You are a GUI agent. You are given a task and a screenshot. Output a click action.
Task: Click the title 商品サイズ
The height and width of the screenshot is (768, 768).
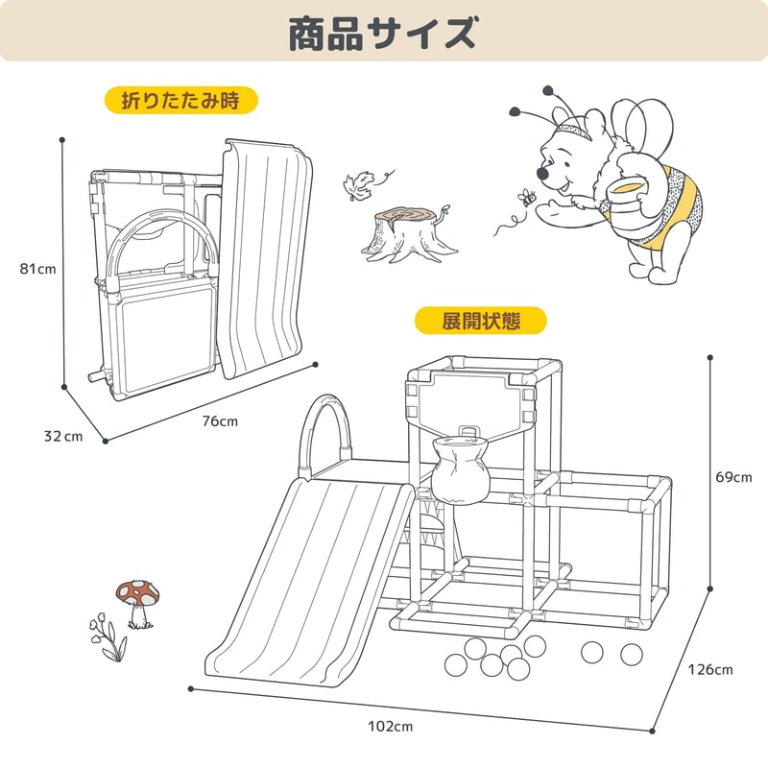382,33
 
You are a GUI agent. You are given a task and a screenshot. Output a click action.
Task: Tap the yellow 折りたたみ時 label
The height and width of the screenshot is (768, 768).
181,101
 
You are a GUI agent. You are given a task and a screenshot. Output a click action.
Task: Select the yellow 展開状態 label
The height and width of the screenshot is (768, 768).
481,321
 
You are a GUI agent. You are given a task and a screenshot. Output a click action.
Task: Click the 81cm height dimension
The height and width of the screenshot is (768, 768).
37,269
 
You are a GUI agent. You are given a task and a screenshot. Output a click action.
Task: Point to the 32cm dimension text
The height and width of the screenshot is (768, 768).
63,436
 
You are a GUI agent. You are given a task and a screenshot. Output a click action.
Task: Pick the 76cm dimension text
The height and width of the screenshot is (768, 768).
220,421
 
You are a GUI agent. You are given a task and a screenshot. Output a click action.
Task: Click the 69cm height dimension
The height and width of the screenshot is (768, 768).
733,477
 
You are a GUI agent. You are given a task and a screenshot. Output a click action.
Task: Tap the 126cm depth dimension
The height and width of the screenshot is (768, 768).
710,669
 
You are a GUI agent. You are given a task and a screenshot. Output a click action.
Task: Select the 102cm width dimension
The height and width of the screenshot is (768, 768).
391,726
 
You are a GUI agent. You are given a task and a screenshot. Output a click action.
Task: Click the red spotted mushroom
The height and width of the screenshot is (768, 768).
138,604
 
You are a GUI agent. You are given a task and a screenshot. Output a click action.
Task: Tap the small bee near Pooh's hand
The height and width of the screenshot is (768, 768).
527,198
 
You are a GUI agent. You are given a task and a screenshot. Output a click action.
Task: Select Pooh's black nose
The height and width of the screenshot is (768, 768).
542,173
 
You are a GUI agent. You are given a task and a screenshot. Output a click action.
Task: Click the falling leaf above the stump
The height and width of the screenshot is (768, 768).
358,185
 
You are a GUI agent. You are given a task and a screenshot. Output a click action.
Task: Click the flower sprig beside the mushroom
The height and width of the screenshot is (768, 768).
108,637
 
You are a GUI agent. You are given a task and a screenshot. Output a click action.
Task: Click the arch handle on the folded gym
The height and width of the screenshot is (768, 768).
161,215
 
